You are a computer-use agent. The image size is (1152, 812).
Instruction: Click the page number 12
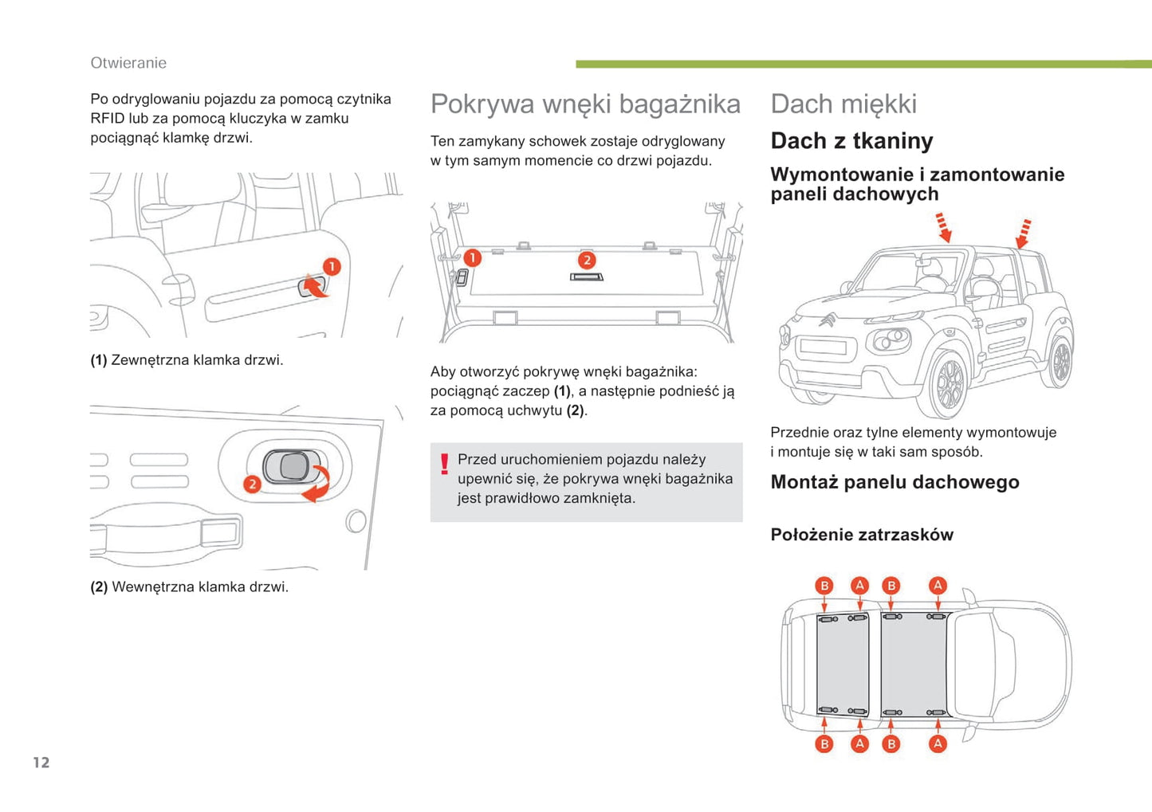tap(41, 763)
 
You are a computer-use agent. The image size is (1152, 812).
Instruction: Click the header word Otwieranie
tap(128, 63)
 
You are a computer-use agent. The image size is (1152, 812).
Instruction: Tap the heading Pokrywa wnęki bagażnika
tap(585, 104)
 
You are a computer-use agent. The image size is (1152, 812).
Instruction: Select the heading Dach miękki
tap(843, 104)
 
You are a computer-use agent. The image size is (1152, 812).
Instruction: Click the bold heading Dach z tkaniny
tap(851, 141)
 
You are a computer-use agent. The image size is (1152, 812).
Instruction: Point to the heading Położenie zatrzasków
tap(862, 535)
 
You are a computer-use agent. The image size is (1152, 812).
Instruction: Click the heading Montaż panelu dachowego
tap(894, 482)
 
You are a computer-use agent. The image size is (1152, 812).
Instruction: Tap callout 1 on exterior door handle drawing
tap(332, 267)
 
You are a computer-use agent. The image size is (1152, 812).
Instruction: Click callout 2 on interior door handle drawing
tap(252, 484)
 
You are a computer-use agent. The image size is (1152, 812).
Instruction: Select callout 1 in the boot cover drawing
tap(473, 258)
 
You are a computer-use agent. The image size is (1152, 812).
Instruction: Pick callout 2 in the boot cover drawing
tap(587, 260)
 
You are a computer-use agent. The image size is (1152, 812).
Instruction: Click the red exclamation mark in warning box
tap(445, 464)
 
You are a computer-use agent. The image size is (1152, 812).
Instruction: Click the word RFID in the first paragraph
tap(107, 119)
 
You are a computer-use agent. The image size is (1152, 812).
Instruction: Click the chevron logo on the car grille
tap(827, 320)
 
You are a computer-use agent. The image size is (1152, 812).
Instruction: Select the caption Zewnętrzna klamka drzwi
tap(197, 360)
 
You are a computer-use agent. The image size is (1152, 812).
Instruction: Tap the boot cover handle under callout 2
tap(587, 277)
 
